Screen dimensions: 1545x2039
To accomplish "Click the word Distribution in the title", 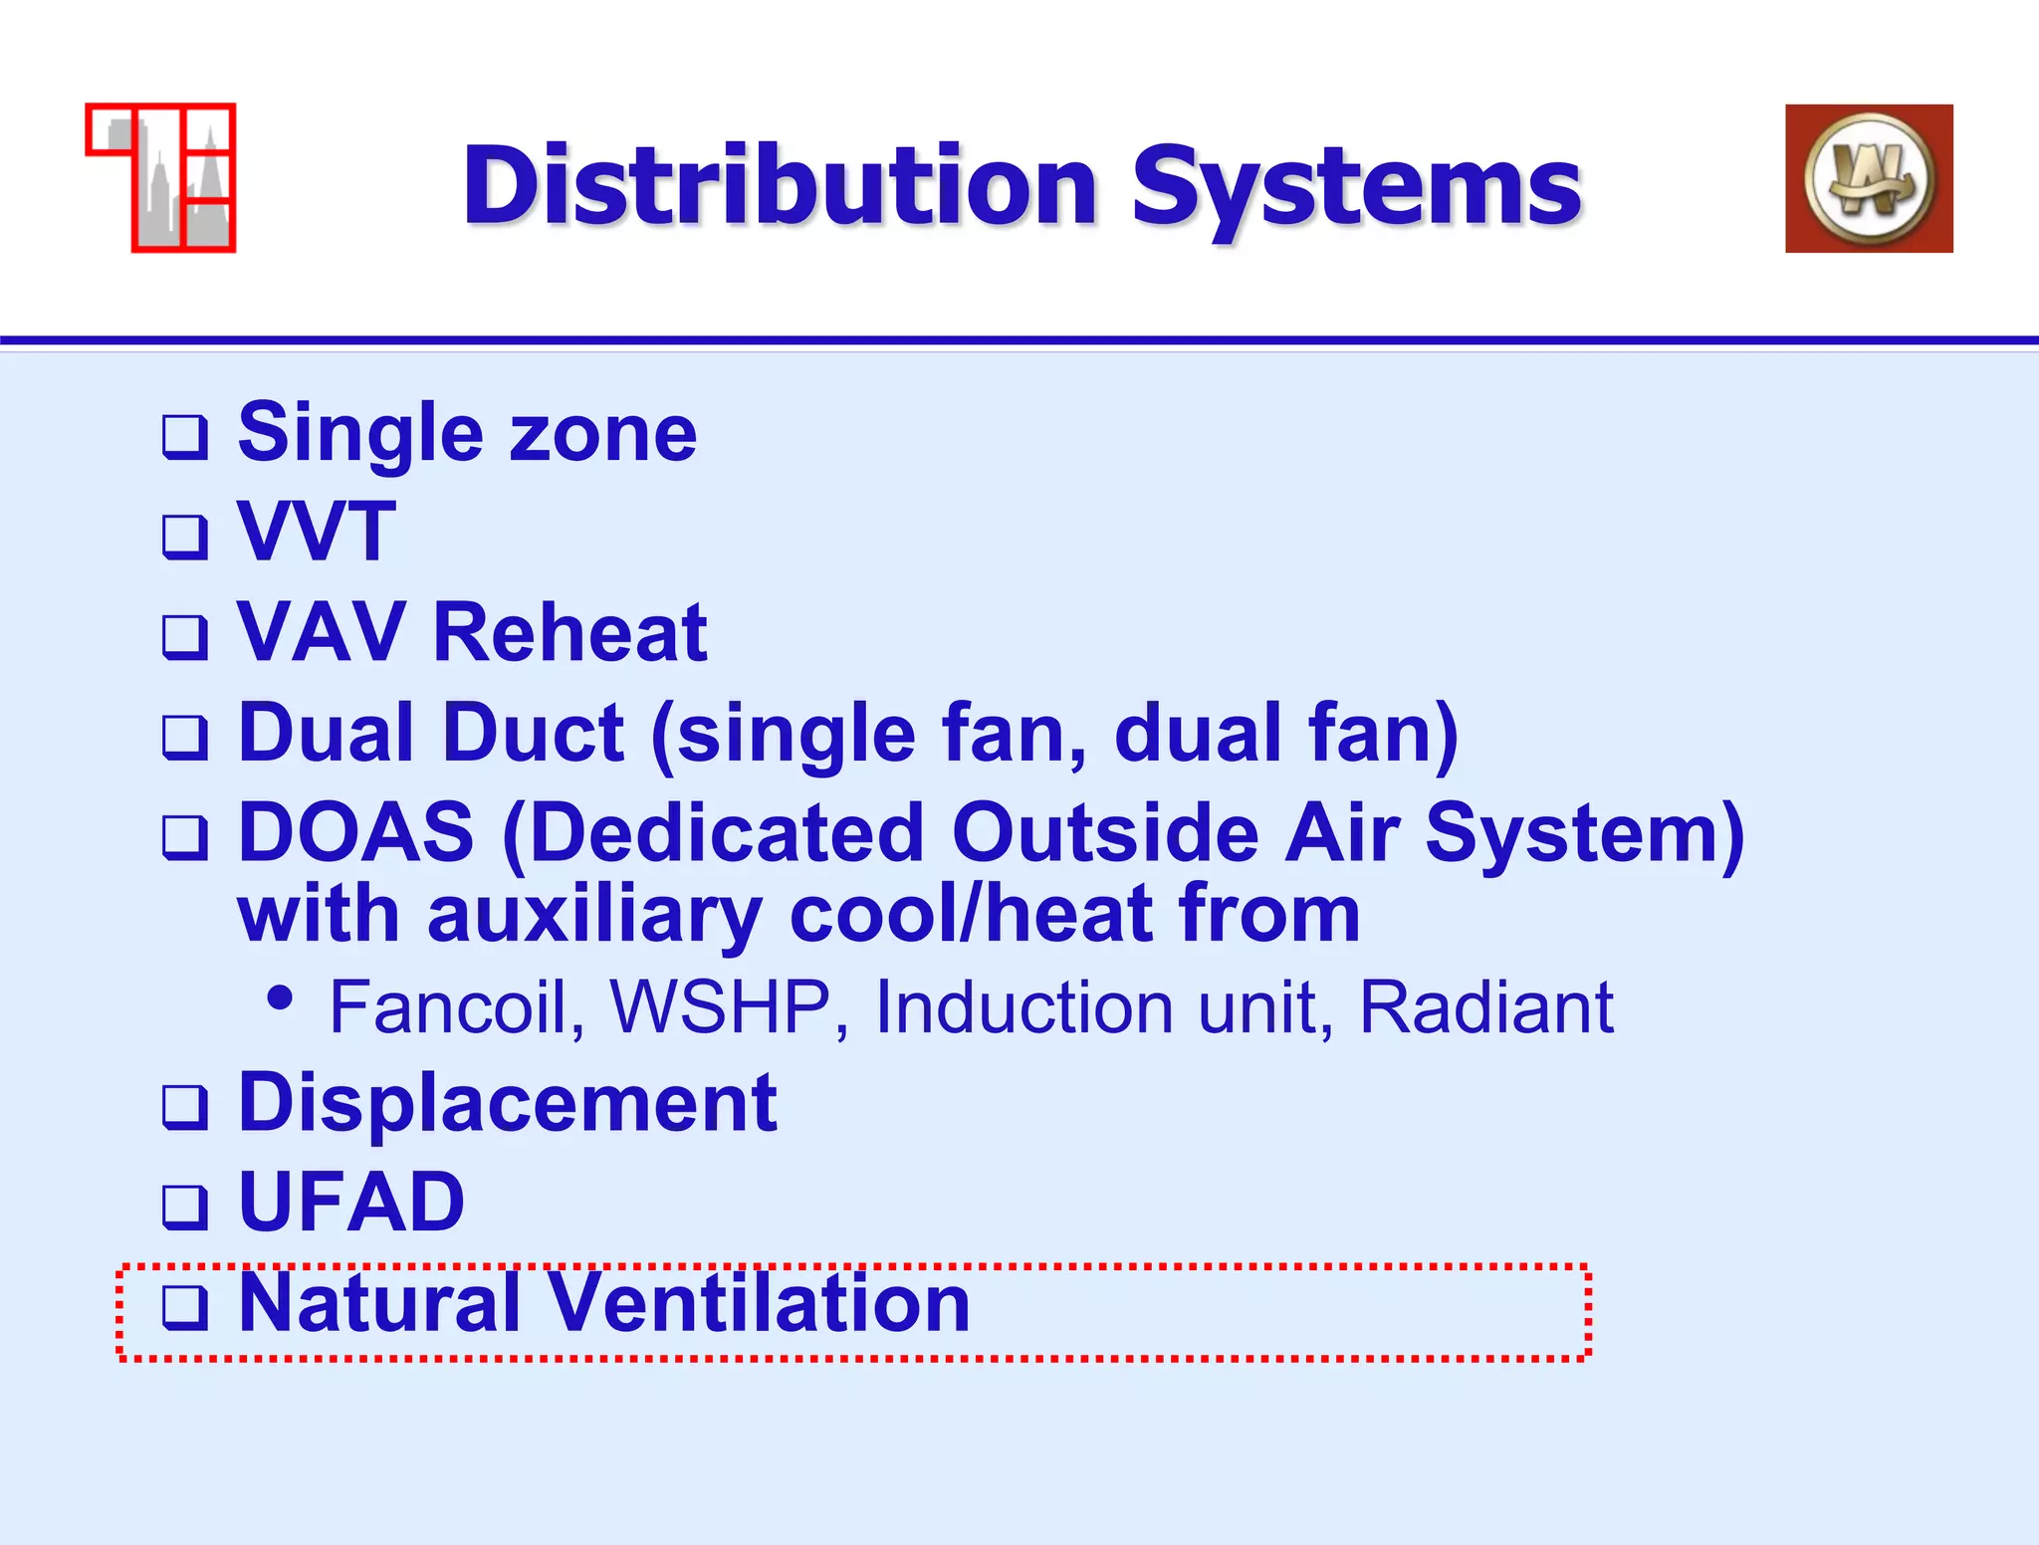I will coord(780,186).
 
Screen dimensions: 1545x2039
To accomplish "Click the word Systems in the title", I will coord(1356,186).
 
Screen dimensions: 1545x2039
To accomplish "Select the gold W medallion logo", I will coord(1868,179).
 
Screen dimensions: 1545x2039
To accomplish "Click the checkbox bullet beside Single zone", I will coord(185,437).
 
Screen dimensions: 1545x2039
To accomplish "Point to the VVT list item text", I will coord(317,533).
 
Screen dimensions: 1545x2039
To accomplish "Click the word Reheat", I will coord(570,633).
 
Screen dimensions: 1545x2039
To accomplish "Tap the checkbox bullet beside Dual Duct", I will coord(185,737).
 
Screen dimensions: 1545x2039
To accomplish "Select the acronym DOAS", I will coord(356,832).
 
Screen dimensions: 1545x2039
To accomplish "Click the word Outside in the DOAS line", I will coord(1105,832).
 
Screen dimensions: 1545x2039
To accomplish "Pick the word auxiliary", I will coord(594,914).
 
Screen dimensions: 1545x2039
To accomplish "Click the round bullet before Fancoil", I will coord(281,997).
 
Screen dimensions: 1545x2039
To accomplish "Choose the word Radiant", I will coord(1485,1007).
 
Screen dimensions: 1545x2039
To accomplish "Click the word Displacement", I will coord(508,1103).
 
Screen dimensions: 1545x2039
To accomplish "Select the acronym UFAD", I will coord(351,1203).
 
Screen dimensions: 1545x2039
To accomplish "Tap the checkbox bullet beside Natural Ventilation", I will coord(185,1307).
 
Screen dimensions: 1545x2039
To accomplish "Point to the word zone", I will coord(603,434).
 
